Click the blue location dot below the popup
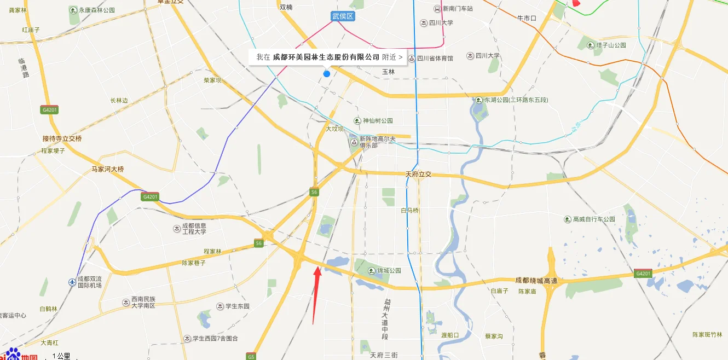[x=327, y=73]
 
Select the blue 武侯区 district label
[x=343, y=16]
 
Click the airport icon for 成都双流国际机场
[x=72, y=282]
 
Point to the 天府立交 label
[x=418, y=174]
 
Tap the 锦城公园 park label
[x=389, y=270]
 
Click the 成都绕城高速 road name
[x=536, y=280]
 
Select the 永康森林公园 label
[x=96, y=10]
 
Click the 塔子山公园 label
[x=611, y=45]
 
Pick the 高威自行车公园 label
[x=594, y=219]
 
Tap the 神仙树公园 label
[x=378, y=121]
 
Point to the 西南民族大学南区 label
[x=143, y=302]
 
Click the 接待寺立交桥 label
[x=62, y=138]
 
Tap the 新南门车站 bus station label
[x=458, y=9]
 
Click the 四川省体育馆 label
[x=435, y=58]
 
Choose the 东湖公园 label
[x=517, y=100]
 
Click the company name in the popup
[x=326, y=57]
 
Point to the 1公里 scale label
[x=61, y=356]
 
